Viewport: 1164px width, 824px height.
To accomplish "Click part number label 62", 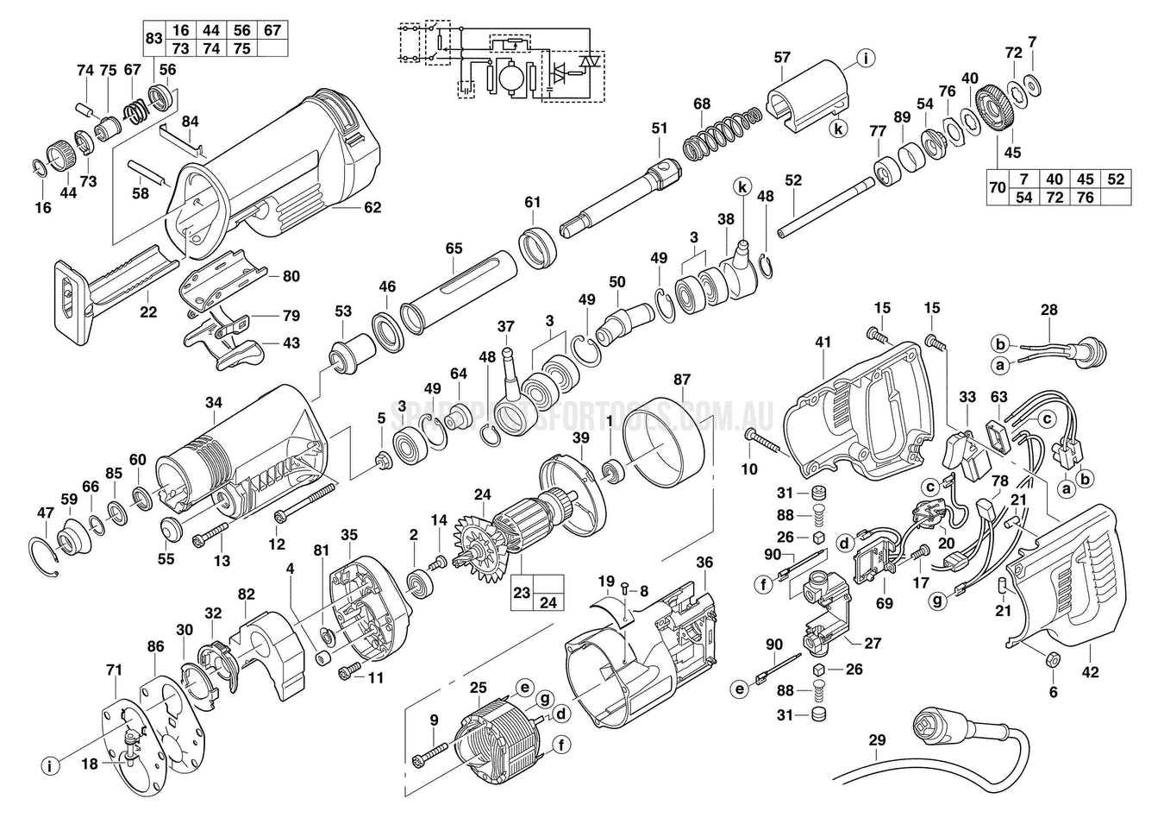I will (x=372, y=208).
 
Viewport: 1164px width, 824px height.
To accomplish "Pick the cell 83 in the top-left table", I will (x=153, y=40).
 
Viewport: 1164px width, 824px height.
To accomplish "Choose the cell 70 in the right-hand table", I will (x=998, y=188).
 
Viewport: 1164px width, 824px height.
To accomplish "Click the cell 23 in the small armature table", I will (x=523, y=594).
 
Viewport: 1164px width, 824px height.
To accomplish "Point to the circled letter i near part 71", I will (x=51, y=765).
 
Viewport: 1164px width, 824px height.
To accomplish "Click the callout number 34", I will (x=214, y=402).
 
